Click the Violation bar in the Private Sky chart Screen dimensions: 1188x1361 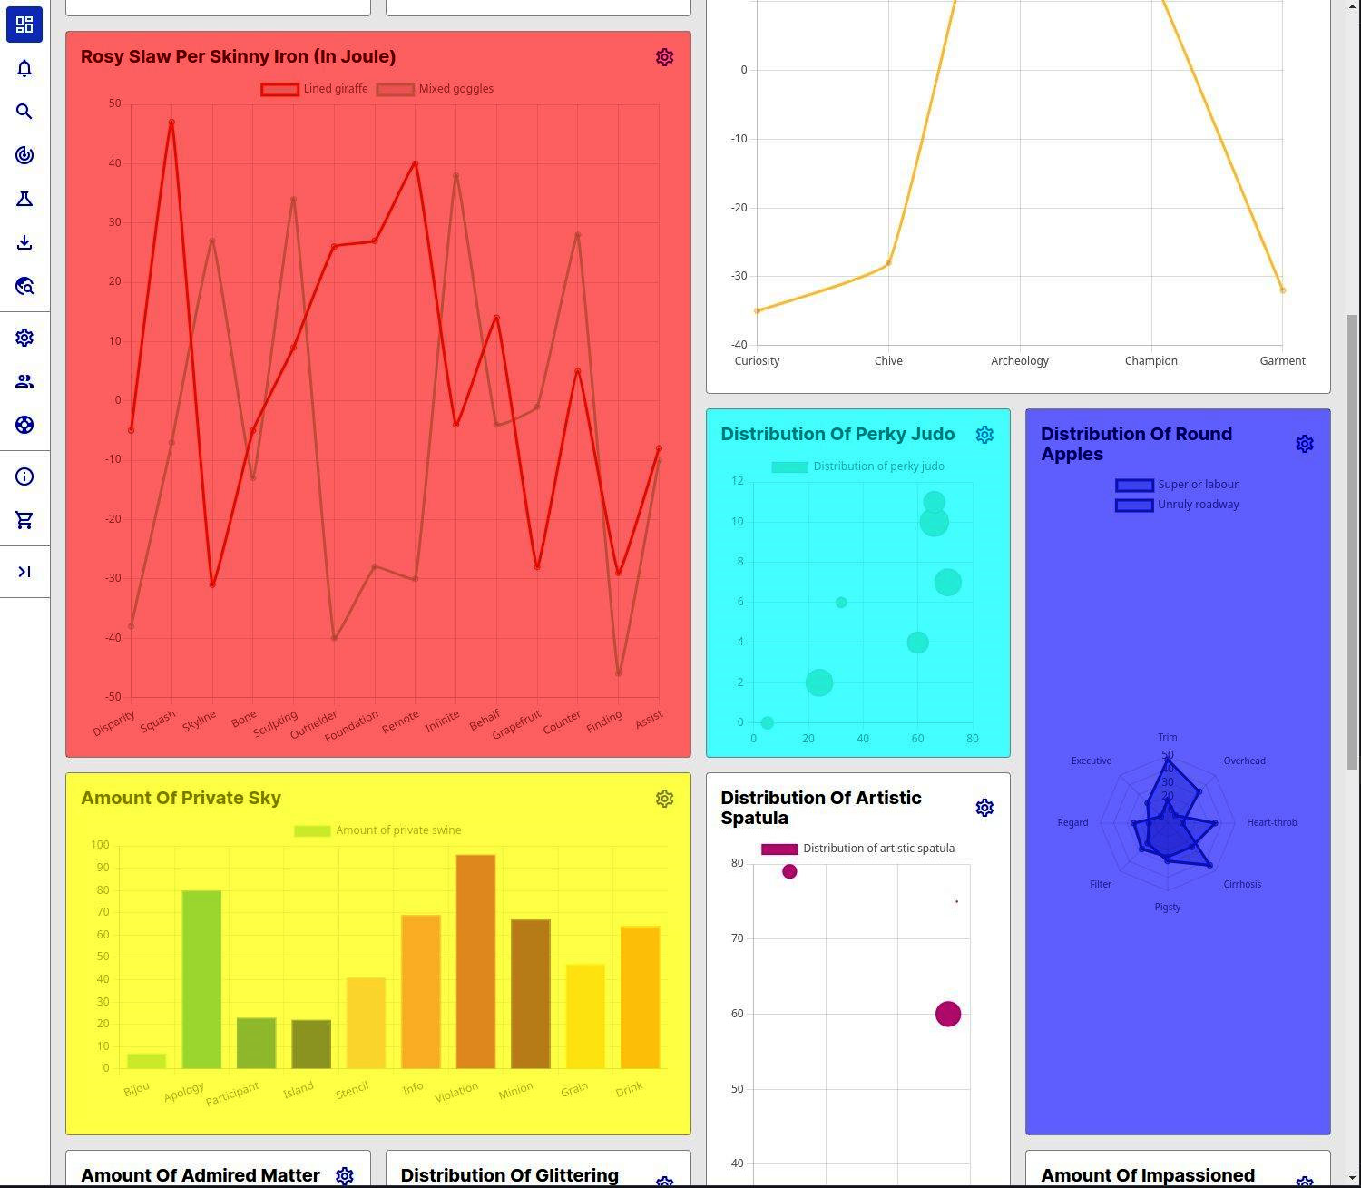coord(475,961)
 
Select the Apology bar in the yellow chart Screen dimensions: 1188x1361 coord(201,979)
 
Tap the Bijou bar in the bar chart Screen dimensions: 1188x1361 coord(146,1061)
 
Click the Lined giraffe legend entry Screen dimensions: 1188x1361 coord(315,89)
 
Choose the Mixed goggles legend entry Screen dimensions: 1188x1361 coord(436,89)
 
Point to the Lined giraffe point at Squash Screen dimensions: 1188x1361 coord(171,123)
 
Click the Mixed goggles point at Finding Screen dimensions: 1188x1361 coord(619,673)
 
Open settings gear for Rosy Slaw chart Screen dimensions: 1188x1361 coord(664,57)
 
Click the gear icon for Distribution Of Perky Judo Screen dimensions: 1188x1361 coord(984,435)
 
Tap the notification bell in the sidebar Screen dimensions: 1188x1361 coord(24,68)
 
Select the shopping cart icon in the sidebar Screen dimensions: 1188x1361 coord(24,520)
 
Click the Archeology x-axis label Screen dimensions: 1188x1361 coord(1019,361)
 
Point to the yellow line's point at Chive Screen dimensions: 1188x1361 coord(888,263)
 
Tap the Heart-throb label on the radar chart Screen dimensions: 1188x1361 coord(1271,822)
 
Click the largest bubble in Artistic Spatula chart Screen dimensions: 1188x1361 coord(948,1014)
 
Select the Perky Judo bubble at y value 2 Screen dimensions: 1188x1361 coord(818,682)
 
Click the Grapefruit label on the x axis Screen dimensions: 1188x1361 coord(517,724)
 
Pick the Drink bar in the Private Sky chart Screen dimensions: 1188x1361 coord(640,997)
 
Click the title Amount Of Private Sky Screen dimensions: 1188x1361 coord(181,798)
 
